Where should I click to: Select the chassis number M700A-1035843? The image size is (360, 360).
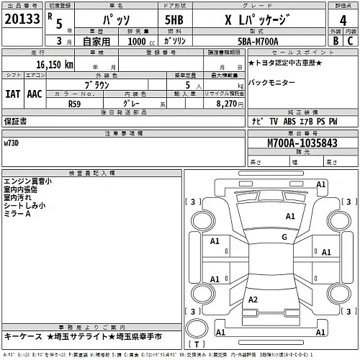pyautogui.click(x=302, y=144)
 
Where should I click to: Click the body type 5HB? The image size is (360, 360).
pyautogui.click(x=174, y=21)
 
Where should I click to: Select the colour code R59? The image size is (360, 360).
pyautogui.click(x=74, y=103)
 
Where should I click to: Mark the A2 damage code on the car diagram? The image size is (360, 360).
pyautogui.click(x=252, y=299)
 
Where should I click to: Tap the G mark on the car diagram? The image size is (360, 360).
pyautogui.click(x=284, y=237)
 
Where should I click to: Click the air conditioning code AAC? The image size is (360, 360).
pyautogui.click(x=34, y=93)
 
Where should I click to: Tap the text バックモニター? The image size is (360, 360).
pyautogui.click(x=271, y=84)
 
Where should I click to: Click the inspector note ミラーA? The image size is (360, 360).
pyautogui.click(x=18, y=214)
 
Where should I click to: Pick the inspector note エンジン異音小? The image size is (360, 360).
pyautogui.click(x=27, y=181)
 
